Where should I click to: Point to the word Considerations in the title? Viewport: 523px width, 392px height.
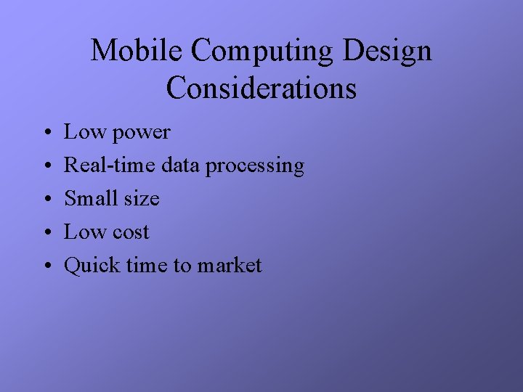tap(261, 89)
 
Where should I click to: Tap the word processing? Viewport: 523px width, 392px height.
tap(254, 167)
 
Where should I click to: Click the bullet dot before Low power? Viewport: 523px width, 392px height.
tap(46, 134)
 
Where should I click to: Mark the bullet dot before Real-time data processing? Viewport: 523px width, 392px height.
tap(46, 167)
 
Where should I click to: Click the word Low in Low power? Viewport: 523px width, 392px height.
tap(83, 132)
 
